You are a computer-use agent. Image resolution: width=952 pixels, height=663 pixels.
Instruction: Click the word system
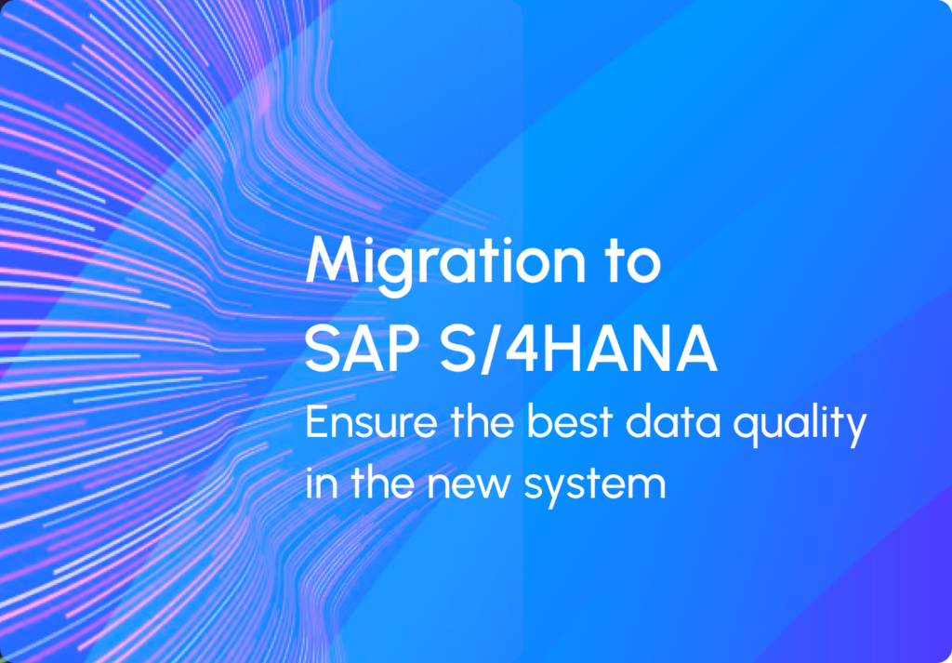coord(594,486)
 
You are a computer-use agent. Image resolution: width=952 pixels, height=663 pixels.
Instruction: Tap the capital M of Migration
coord(331,261)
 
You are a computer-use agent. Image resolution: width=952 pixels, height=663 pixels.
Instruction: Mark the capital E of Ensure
coord(316,422)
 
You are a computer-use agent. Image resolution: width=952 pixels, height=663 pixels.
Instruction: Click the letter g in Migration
coord(414,273)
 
